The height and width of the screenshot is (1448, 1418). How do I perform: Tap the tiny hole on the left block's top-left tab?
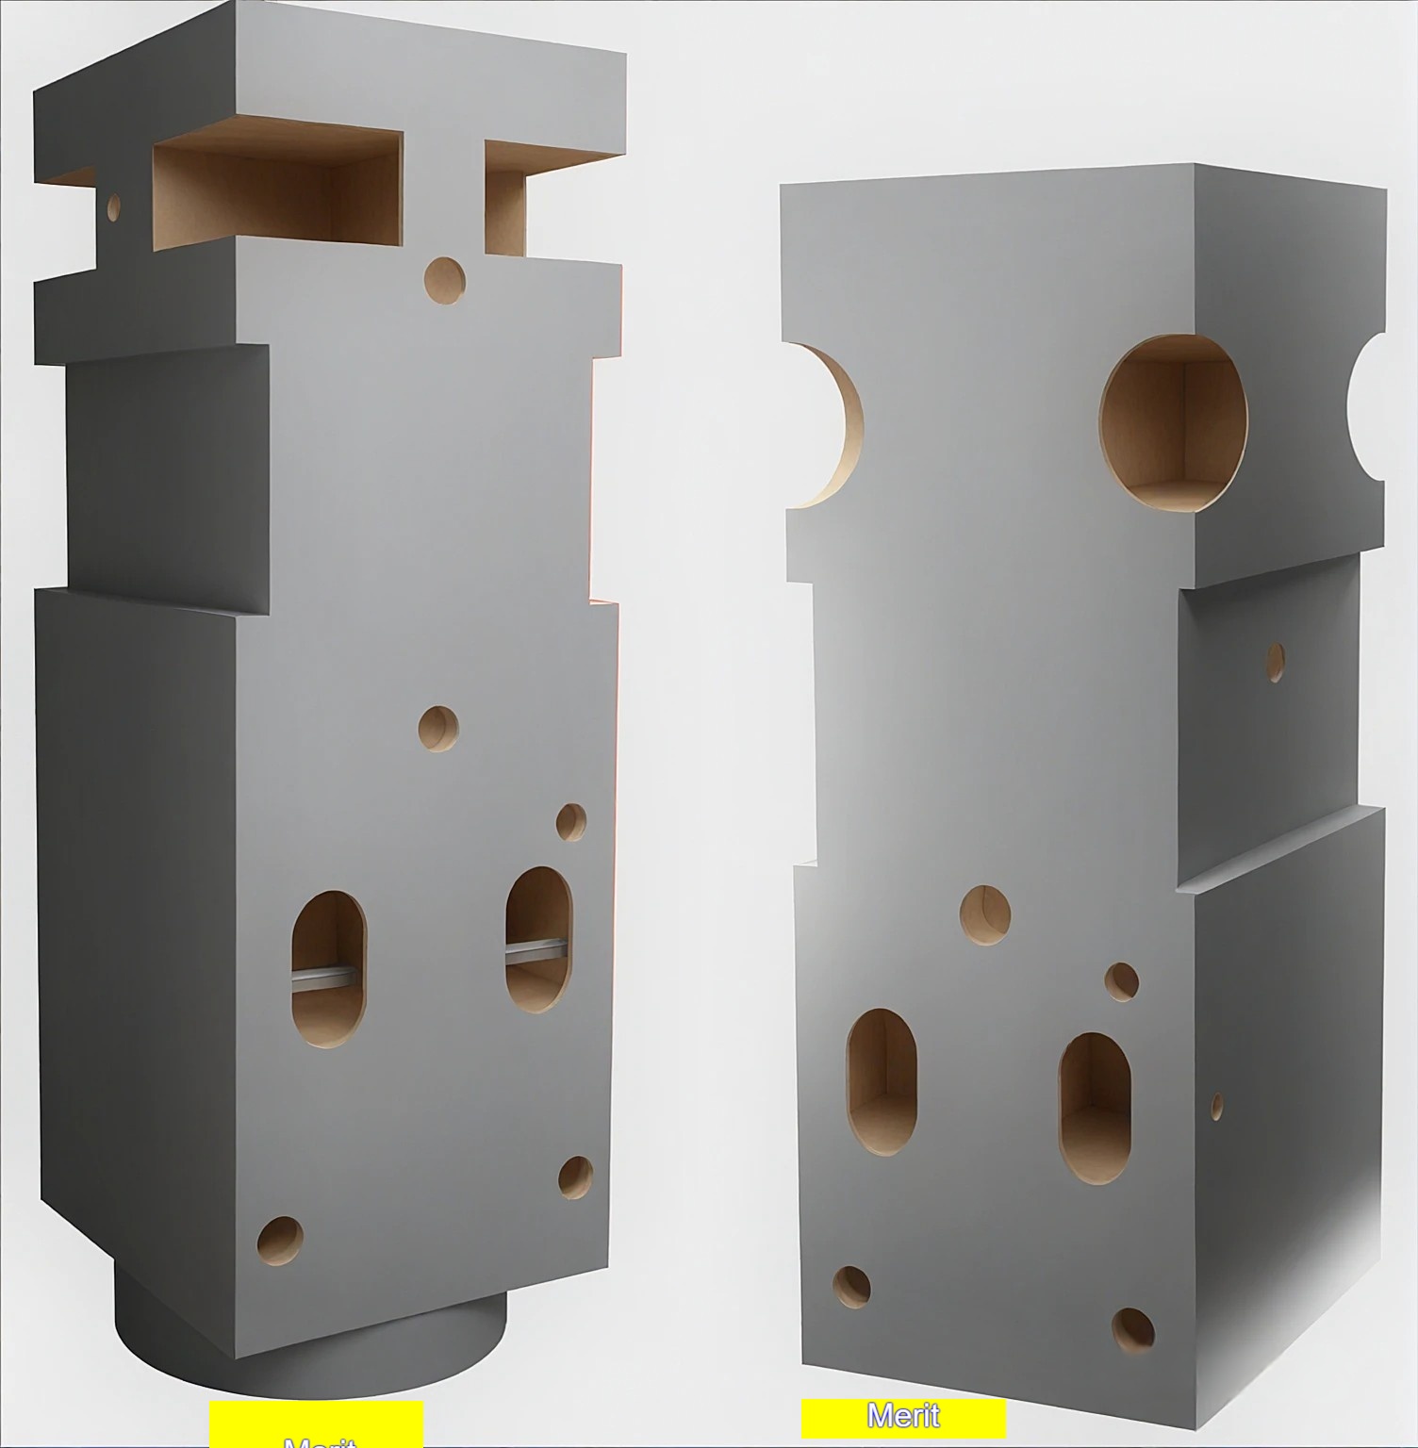[114, 207]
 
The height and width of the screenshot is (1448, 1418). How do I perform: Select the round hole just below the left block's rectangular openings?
[444, 280]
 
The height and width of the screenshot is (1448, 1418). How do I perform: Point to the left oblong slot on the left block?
[327, 969]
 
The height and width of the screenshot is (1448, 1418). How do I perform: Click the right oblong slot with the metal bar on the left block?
[538, 940]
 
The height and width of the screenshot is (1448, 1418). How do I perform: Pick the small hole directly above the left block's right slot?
[570, 822]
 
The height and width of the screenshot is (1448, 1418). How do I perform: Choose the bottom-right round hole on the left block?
[575, 1176]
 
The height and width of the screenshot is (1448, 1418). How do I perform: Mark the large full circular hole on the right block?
[1173, 423]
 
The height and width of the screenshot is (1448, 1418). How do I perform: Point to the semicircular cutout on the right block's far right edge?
[1369, 406]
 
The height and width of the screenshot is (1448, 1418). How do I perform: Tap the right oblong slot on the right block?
[1095, 1108]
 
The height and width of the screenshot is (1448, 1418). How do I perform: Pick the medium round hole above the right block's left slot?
[985, 914]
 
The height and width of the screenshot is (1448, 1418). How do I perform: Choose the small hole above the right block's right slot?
[1121, 981]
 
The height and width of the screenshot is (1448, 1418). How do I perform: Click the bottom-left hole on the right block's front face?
[851, 1288]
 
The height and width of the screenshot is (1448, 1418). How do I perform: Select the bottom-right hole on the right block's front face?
[1132, 1329]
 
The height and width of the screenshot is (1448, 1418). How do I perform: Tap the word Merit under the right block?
[903, 1416]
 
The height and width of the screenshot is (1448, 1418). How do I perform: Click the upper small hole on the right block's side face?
[1275, 663]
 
